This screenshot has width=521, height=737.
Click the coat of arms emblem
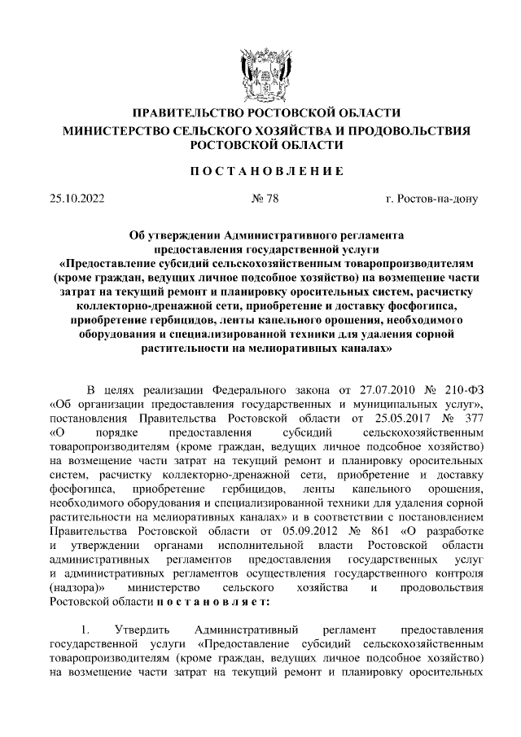pyautogui.click(x=260, y=72)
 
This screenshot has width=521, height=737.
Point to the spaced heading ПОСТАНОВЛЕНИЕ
pyautogui.click(x=260, y=171)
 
